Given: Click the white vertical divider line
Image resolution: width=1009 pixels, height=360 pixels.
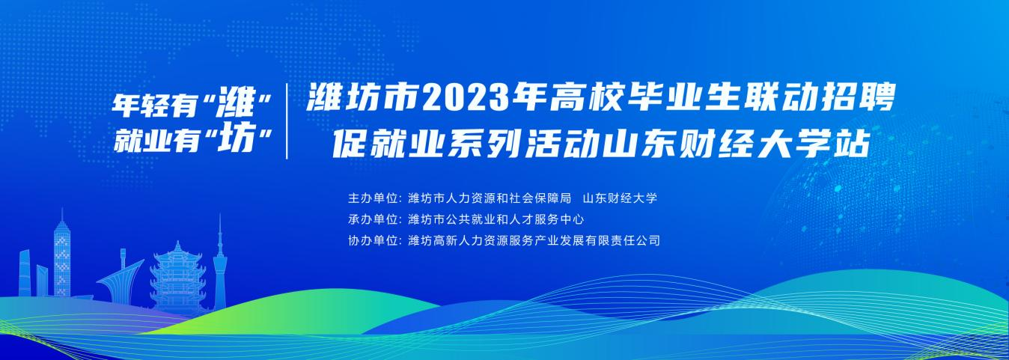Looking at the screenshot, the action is point(287,121).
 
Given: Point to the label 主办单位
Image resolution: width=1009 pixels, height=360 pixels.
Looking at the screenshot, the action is point(374,198).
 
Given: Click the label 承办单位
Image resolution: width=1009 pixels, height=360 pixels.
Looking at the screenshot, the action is point(374,219).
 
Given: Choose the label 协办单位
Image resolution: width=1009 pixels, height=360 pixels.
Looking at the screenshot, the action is point(374,240).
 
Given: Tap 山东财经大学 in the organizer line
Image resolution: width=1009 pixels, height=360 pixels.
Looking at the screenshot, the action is point(621,198).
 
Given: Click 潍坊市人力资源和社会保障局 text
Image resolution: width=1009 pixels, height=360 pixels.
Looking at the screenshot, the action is point(490,198).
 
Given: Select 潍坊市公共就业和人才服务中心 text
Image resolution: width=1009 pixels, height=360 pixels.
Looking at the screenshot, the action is point(496,219).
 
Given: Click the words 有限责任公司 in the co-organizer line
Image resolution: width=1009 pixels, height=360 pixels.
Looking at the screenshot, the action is point(623,240).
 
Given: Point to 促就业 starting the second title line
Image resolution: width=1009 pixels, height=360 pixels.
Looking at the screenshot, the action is point(391,144).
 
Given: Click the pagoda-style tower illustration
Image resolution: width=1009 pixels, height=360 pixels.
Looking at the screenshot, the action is point(177,279).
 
